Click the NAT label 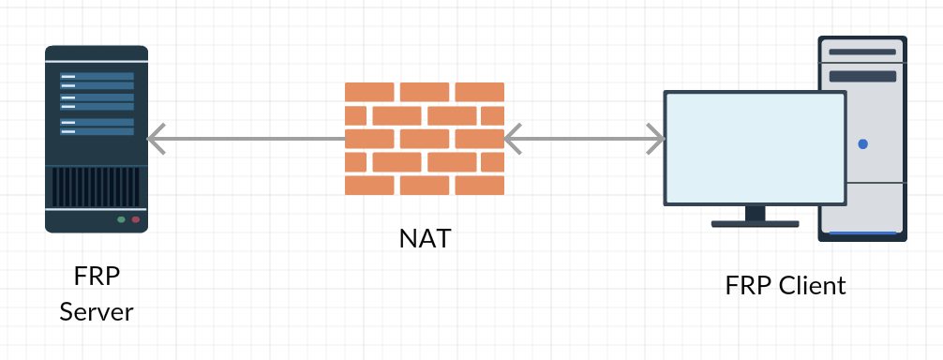(425, 238)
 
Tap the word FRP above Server (97, 277)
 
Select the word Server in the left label (97, 311)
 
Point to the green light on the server (121, 220)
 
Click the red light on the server (136, 220)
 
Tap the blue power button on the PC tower (862, 144)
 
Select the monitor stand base (755, 224)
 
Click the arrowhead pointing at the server (156, 140)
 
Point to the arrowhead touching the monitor (656, 140)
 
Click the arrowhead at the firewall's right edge (513, 140)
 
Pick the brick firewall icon (425, 139)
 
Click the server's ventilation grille (97, 187)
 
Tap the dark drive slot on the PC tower (862, 76)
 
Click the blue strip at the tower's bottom (862, 233)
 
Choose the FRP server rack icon (97, 139)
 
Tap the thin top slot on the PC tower (862, 52)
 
